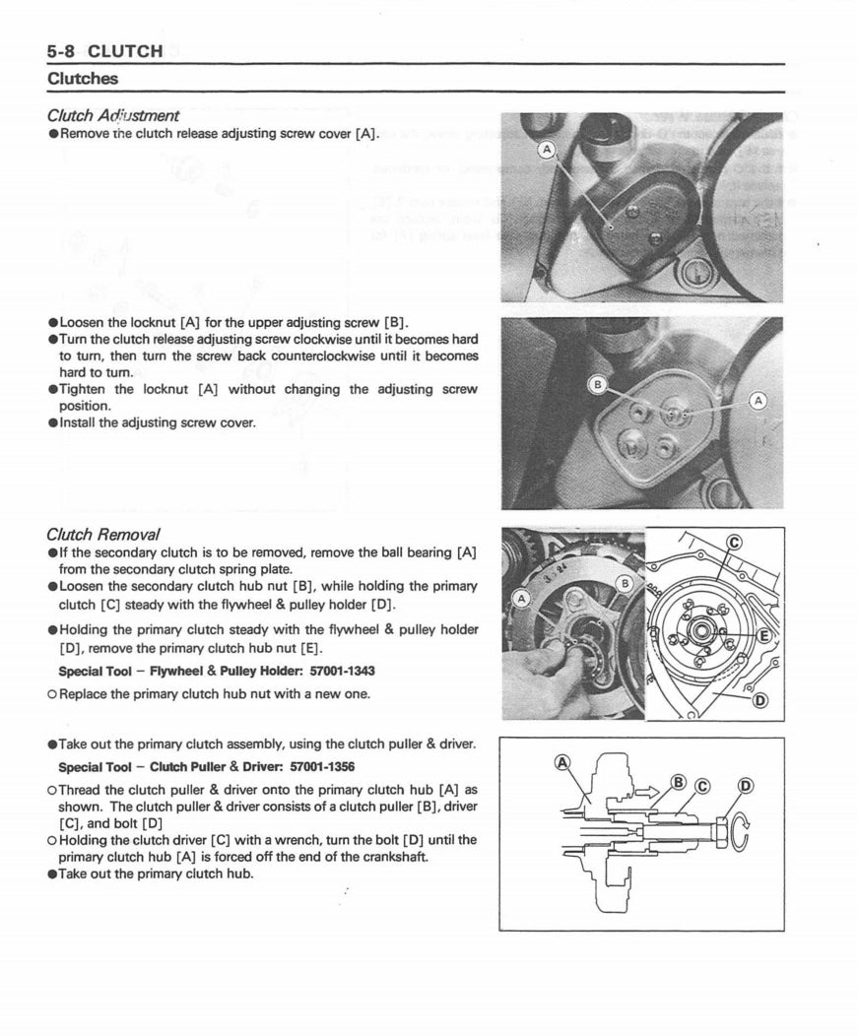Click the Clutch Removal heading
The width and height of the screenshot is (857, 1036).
[x=102, y=535]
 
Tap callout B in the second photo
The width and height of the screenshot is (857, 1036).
[x=595, y=383]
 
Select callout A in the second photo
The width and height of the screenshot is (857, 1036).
[x=757, y=400]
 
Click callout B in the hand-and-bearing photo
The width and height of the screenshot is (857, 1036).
[x=624, y=583]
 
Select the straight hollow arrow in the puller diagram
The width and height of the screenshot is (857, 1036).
[x=647, y=790]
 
